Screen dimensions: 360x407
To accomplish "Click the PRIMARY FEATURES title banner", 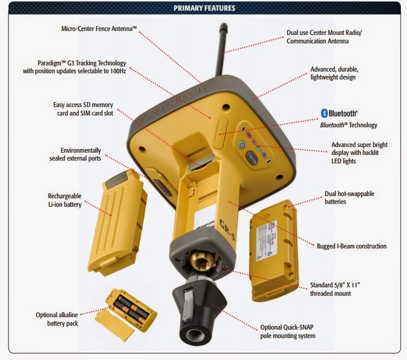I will pos(204,8).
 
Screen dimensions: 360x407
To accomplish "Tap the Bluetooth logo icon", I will pos(324,113).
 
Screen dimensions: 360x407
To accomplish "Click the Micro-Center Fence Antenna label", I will pos(99,28).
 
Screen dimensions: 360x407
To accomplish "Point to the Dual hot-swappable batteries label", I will pos(349,198).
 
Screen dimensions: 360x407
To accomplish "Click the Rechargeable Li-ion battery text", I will pos(65,200).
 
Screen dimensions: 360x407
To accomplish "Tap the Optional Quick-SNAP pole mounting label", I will pos(288,331).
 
